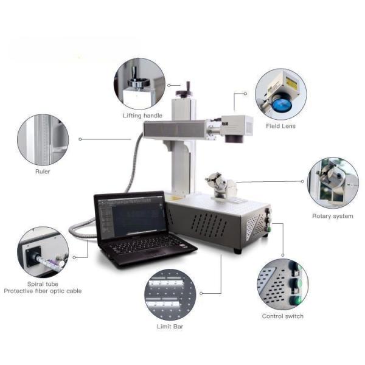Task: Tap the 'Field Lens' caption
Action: pyautogui.click(x=280, y=126)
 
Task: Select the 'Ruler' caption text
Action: pyautogui.click(x=43, y=172)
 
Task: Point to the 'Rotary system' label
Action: pyautogui.click(x=332, y=216)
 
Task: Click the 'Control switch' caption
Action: pyautogui.click(x=282, y=316)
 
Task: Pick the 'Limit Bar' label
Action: pyautogui.click(x=170, y=327)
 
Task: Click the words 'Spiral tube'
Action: pyautogui.click(x=42, y=283)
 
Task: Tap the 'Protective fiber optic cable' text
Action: pyautogui.click(x=43, y=291)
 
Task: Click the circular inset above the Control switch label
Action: pyautogui.click(x=282, y=285)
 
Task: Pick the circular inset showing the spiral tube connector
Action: pyautogui.click(x=43, y=252)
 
